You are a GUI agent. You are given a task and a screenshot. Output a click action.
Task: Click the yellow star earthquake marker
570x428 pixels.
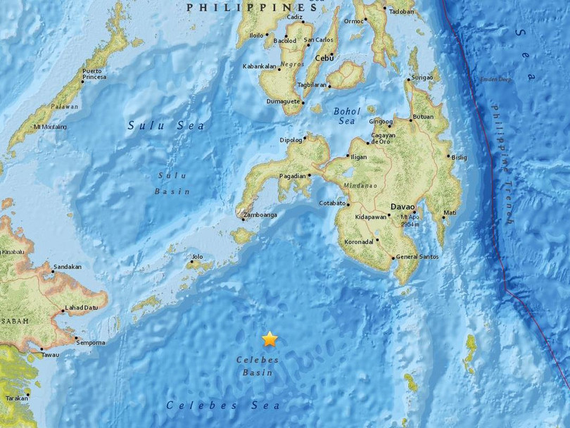[x=270, y=339]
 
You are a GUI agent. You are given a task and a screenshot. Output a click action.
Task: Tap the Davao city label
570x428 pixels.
[x=400, y=206]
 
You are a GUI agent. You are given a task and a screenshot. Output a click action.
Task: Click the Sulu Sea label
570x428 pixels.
[x=166, y=125]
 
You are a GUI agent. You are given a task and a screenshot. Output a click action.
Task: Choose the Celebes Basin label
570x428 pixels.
[x=258, y=366]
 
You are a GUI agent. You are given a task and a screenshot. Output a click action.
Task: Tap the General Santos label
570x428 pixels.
[x=418, y=257]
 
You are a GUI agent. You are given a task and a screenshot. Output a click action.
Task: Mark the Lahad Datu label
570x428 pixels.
[x=80, y=308]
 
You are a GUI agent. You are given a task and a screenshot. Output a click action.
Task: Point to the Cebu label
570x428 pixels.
[x=324, y=58]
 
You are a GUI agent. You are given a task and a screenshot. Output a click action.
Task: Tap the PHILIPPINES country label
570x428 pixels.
[x=251, y=7]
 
